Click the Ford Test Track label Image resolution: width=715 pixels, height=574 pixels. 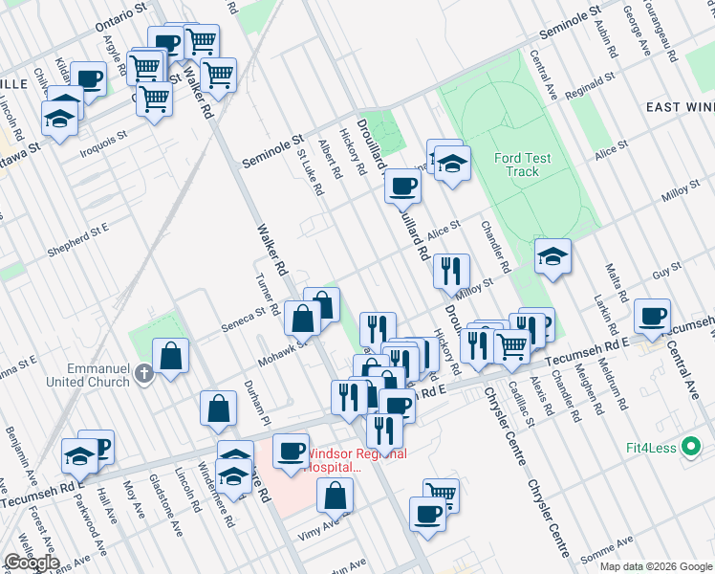click(x=516, y=165)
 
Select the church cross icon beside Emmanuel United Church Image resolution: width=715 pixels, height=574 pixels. click(x=144, y=374)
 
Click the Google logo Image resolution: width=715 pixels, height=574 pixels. click(x=32, y=562)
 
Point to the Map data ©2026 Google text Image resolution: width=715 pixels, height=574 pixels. click(x=655, y=566)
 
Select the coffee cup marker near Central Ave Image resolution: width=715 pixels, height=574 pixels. click(x=652, y=316)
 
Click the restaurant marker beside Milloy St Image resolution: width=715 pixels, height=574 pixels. click(x=450, y=271)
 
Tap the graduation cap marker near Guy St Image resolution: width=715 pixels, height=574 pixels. click(x=552, y=255)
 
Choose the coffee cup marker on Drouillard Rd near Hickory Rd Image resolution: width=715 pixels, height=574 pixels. click(x=402, y=185)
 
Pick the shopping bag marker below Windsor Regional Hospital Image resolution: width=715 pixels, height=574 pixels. click(x=335, y=496)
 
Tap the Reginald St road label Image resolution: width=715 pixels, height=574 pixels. click(x=589, y=88)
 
